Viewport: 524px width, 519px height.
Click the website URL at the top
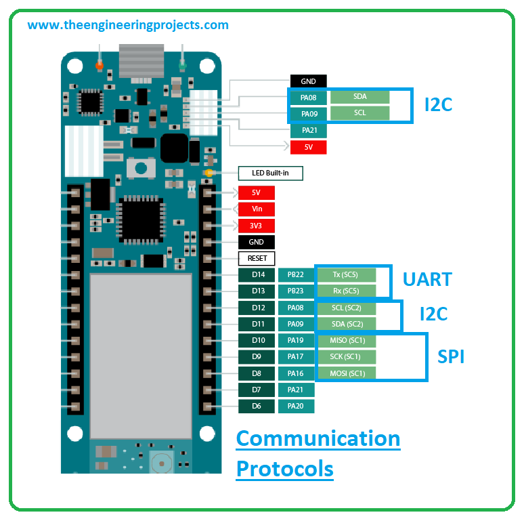coord(128,25)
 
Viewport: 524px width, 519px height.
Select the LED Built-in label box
coord(270,173)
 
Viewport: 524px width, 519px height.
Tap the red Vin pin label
coord(257,209)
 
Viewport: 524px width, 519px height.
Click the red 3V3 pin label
coord(257,226)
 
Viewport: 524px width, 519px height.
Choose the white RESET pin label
coord(257,258)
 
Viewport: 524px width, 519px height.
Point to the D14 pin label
coord(257,274)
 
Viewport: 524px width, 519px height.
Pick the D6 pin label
coord(257,406)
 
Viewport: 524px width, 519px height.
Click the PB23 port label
coord(296,291)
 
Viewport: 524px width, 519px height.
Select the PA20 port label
coord(296,406)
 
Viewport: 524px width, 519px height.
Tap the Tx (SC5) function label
coord(346,274)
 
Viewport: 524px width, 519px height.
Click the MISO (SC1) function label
coord(346,340)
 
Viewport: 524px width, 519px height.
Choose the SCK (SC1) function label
coord(346,357)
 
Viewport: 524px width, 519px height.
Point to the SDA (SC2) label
coord(346,324)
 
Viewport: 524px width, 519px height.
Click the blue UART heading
coord(427,279)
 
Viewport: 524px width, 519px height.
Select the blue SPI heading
coord(451,356)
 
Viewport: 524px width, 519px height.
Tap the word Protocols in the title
coord(285,469)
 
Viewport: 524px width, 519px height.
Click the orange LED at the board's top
coord(100,65)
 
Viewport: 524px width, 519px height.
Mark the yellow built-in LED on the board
coord(209,173)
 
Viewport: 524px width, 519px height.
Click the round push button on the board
coord(141,168)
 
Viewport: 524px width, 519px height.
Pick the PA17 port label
coord(296,357)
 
